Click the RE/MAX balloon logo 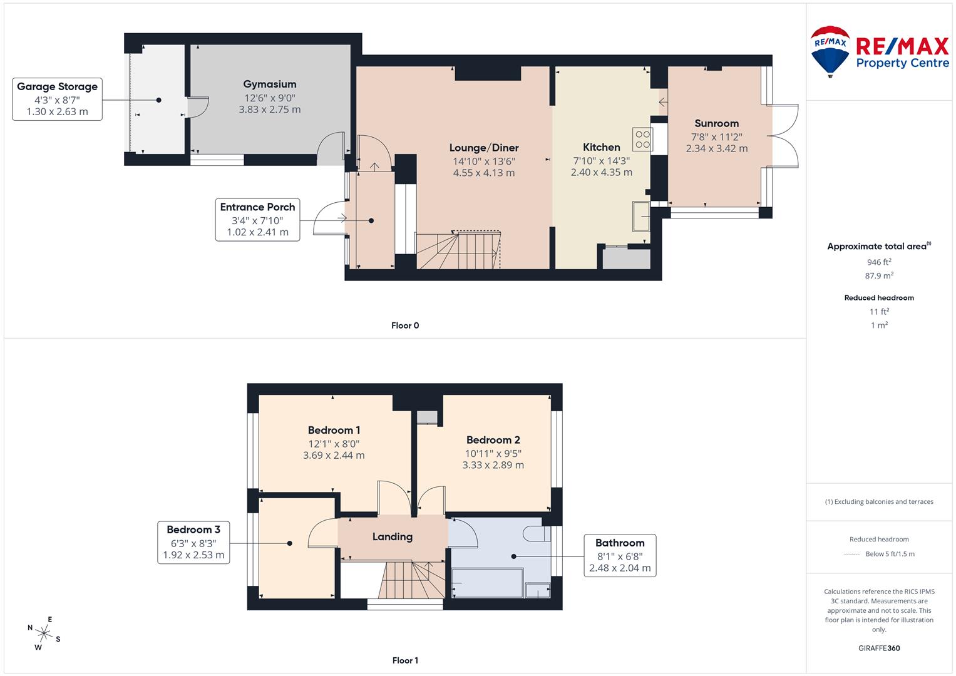pyautogui.click(x=830, y=51)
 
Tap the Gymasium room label pyautogui.click(x=270, y=84)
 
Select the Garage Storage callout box pyautogui.click(x=57, y=99)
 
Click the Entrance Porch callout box pyautogui.click(x=257, y=219)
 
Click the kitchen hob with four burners pyautogui.click(x=642, y=139)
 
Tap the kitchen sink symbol pyautogui.click(x=641, y=216)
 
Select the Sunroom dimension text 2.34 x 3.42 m pyautogui.click(x=716, y=149)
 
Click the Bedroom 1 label pyautogui.click(x=334, y=430)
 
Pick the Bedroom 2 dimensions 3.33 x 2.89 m pyautogui.click(x=493, y=465)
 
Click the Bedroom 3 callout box pyautogui.click(x=193, y=542)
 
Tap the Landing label pyautogui.click(x=393, y=536)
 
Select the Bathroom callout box pyautogui.click(x=619, y=555)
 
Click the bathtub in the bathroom pyautogui.click(x=486, y=583)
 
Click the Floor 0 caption pyautogui.click(x=405, y=325)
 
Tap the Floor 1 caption pyautogui.click(x=405, y=660)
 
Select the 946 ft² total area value pyautogui.click(x=879, y=262)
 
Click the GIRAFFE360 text pyautogui.click(x=879, y=648)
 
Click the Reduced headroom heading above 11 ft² pyautogui.click(x=879, y=298)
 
